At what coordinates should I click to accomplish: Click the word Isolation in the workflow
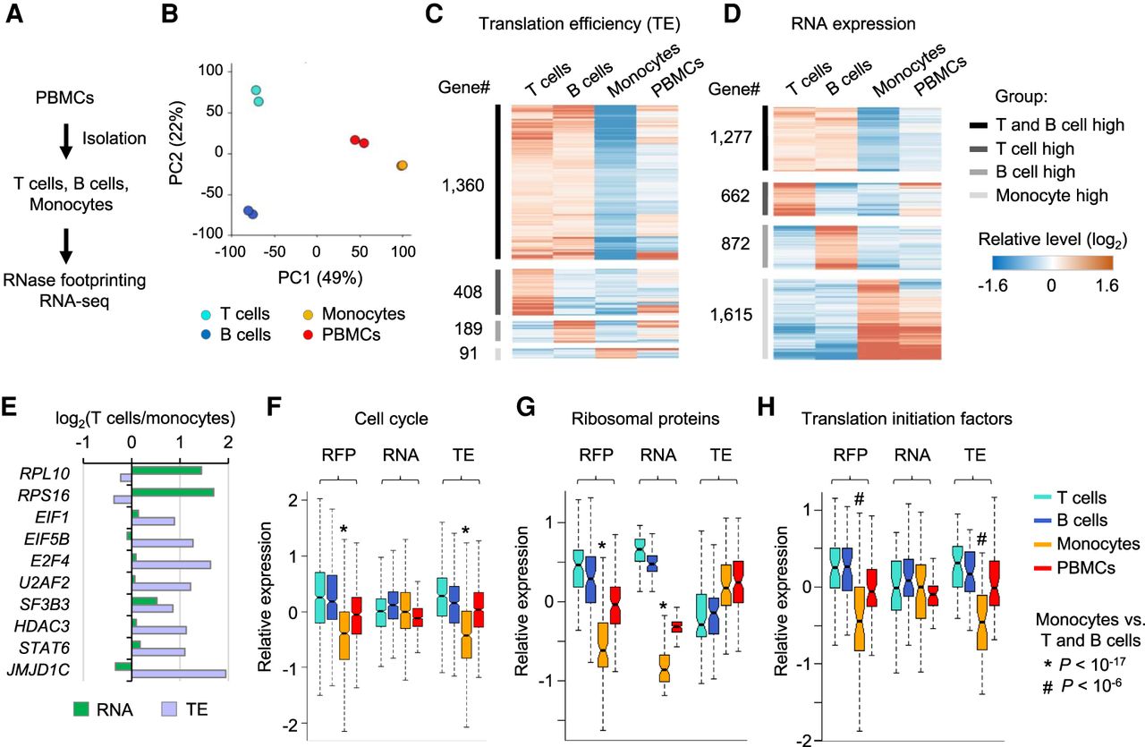113,138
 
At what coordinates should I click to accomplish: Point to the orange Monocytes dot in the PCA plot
402,166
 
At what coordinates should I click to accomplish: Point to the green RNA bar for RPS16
173,491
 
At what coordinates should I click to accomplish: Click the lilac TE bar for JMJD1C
179,674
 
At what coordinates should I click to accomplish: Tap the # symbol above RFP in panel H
859,498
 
